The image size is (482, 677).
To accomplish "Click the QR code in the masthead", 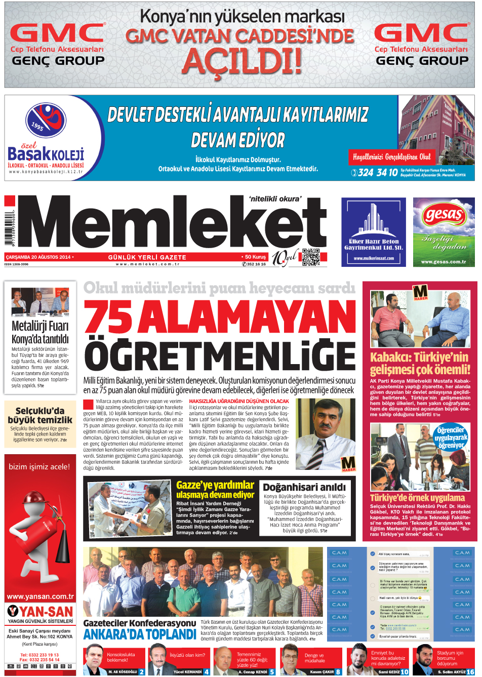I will pos(311,257).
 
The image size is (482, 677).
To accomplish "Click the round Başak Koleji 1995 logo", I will pos(46,121).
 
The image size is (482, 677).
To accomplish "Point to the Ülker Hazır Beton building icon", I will pos(373,218).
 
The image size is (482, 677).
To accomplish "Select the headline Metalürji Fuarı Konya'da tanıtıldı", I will pos(40,332).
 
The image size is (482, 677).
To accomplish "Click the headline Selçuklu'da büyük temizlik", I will pos(40,415).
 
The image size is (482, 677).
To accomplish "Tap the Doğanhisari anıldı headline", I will pos(304,487).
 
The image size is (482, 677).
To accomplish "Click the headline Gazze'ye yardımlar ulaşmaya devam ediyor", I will pos(215,490).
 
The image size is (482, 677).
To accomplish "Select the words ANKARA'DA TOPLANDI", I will pos(140,635).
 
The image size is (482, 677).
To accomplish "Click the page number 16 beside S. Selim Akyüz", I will pos(470,672).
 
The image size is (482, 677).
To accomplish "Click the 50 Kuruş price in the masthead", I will pos(255,257).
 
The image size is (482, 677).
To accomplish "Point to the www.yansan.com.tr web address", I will pos(40,596).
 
